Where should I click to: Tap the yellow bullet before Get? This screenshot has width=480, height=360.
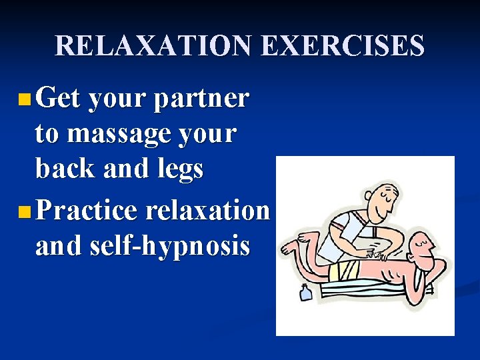[24, 101]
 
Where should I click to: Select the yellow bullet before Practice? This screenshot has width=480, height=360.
[24, 213]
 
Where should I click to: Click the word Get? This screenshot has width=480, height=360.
[58, 99]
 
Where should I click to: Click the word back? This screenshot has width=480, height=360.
[64, 169]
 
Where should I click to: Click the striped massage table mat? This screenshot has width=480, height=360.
[373, 287]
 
